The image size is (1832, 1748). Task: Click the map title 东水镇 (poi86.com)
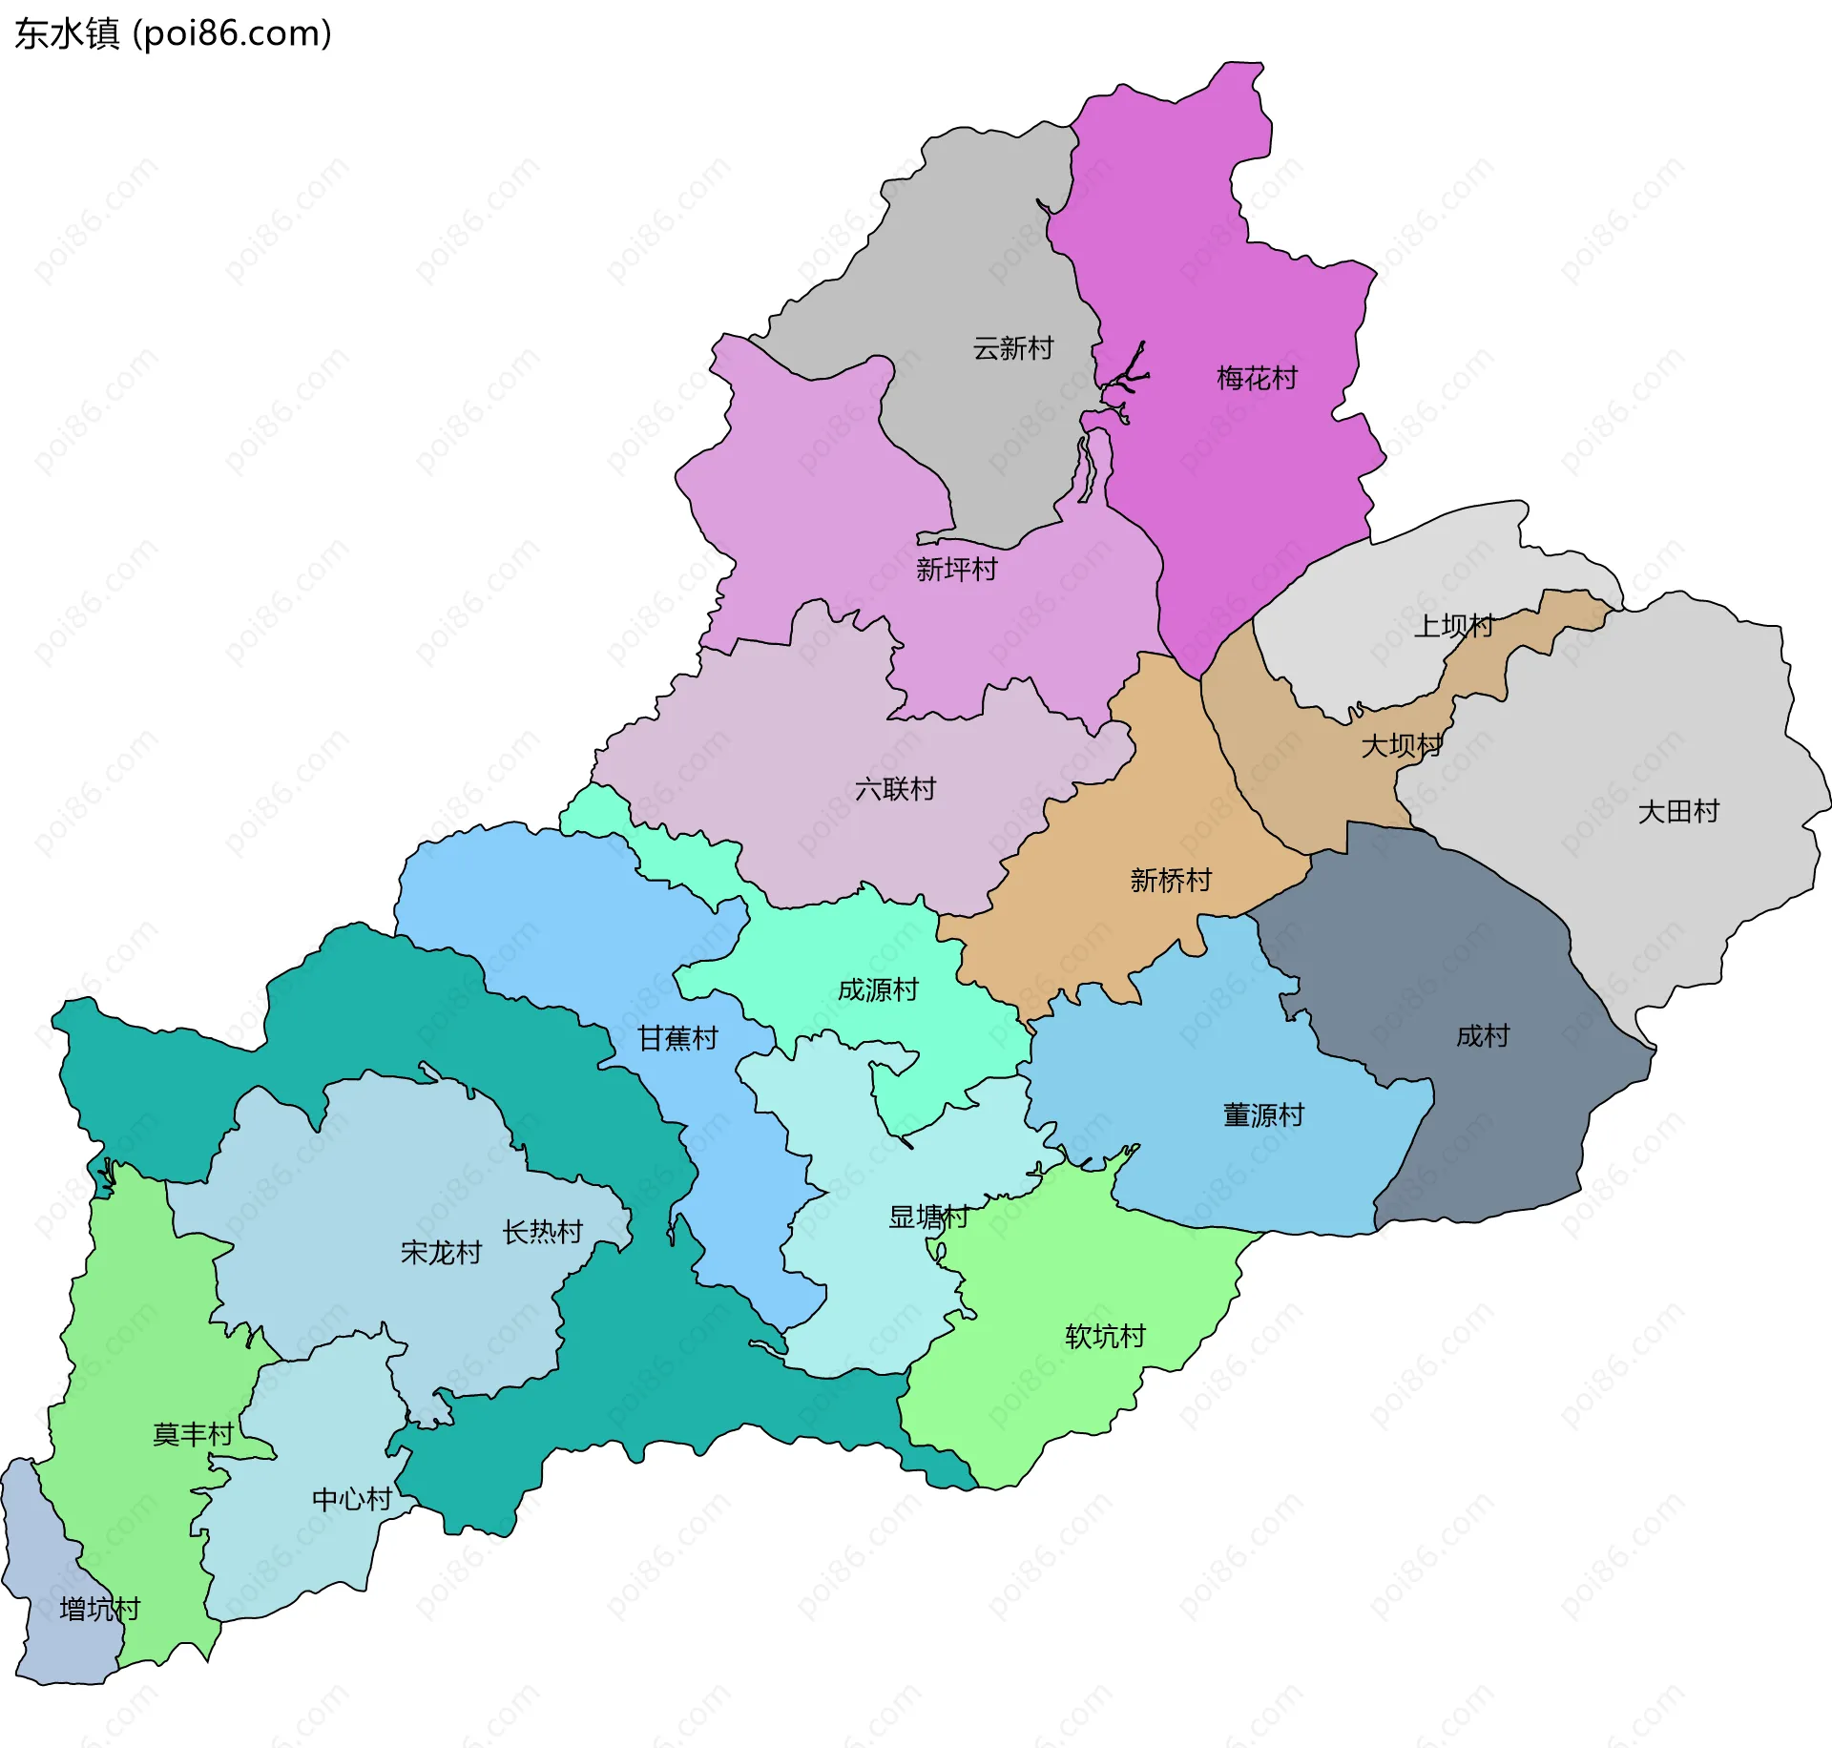click(173, 33)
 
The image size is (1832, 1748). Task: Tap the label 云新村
click(1012, 348)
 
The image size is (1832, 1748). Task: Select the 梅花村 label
click(1257, 379)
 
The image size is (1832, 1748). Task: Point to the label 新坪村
click(956, 570)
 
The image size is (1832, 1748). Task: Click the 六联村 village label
click(895, 789)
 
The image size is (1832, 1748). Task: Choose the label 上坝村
click(1453, 626)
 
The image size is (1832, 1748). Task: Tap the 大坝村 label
click(1401, 745)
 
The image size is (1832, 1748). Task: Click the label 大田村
click(1677, 812)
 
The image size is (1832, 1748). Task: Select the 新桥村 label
click(1170, 880)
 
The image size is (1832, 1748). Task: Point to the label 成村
click(1482, 1036)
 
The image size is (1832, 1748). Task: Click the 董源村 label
click(1263, 1115)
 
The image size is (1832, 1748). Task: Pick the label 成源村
click(878, 990)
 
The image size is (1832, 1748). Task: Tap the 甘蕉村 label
click(677, 1038)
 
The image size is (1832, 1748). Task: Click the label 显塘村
click(928, 1217)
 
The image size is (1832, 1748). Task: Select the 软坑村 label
click(1105, 1337)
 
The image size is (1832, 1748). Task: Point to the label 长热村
click(542, 1233)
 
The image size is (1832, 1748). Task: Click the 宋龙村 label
click(441, 1253)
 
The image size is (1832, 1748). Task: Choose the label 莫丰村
click(193, 1434)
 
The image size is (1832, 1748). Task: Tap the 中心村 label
click(352, 1499)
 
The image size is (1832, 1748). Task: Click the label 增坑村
click(99, 1610)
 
